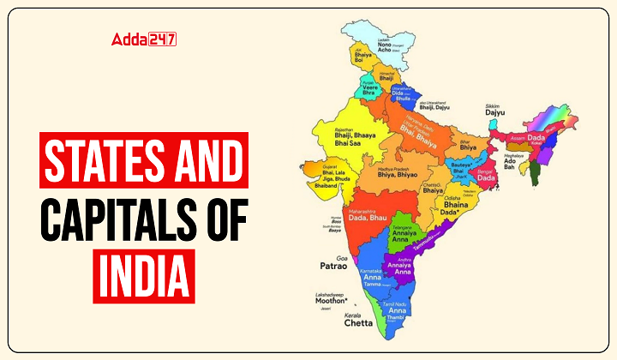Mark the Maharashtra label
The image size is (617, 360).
tap(363, 211)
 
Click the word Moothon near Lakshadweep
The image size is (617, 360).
tap(330, 301)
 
